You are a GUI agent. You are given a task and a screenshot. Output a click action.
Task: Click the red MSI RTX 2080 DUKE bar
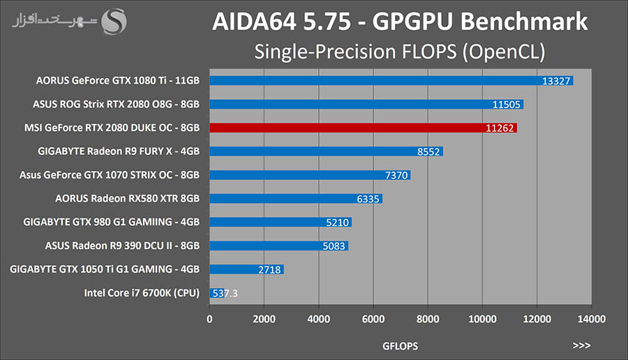363,128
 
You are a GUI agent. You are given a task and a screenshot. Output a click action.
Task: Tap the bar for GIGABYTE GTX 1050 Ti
246,269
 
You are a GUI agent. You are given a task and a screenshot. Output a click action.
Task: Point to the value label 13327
557,81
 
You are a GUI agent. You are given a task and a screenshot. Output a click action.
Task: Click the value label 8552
427,151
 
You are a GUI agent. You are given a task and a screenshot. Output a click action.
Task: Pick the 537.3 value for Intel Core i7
225,293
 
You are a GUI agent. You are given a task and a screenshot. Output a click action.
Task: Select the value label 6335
368,199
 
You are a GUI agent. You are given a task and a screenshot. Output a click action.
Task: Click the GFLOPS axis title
401,345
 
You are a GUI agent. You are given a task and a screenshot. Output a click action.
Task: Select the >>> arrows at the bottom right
581,345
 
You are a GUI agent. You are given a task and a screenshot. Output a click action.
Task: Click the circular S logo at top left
114,21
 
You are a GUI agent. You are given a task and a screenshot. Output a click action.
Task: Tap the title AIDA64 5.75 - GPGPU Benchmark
400,22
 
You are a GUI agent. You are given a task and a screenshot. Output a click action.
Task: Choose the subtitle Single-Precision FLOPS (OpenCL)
400,52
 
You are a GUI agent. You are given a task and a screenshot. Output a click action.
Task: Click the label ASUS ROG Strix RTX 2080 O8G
117,105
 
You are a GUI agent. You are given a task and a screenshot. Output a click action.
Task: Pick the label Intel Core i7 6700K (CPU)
141,293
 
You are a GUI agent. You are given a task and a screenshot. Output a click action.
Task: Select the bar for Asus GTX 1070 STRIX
310,175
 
